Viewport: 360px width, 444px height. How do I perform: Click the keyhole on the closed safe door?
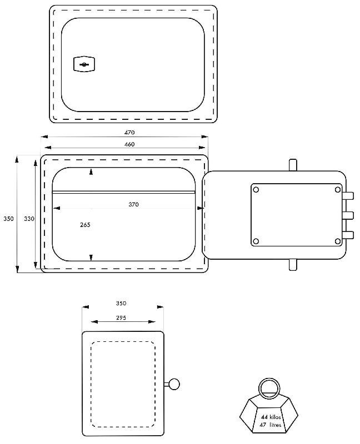[84, 64]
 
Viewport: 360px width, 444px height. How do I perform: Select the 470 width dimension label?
[129, 133]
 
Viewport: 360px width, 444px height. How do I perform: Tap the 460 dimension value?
[129, 144]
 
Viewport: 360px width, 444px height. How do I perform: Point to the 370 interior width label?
[133, 204]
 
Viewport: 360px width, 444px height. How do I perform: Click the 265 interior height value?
[85, 225]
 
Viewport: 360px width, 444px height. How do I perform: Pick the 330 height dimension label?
[29, 219]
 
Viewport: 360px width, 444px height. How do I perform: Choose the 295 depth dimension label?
[121, 317]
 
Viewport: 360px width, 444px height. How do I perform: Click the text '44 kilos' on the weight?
[271, 417]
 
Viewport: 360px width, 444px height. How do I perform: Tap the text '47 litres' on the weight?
[271, 425]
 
